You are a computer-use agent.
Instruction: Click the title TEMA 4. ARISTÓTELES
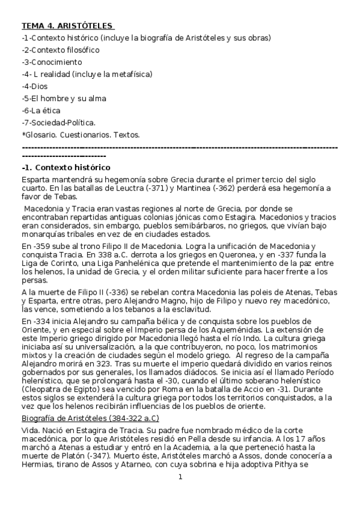[x=67, y=26]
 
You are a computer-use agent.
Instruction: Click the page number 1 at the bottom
[x=180, y=495]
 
